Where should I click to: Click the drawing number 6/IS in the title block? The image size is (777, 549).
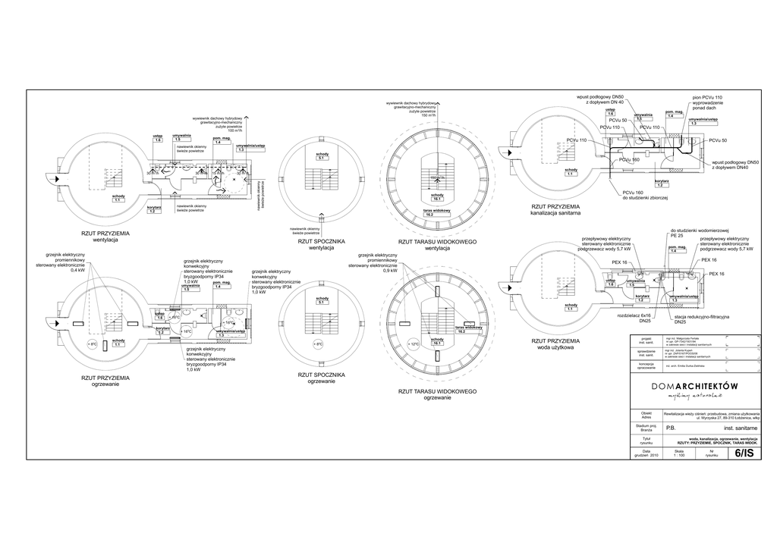click(744, 453)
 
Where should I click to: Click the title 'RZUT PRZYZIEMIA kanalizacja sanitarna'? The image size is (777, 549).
click(555, 209)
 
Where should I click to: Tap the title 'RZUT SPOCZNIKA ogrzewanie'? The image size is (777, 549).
click(321, 378)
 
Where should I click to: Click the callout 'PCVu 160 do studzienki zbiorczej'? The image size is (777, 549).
click(644, 195)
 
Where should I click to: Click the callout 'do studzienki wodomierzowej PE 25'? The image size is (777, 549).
click(698, 233)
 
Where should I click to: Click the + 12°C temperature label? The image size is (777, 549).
click(414, 344)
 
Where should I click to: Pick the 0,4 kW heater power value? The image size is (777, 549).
click(78, 271)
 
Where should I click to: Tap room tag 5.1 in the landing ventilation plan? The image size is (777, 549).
click(322, 158)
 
